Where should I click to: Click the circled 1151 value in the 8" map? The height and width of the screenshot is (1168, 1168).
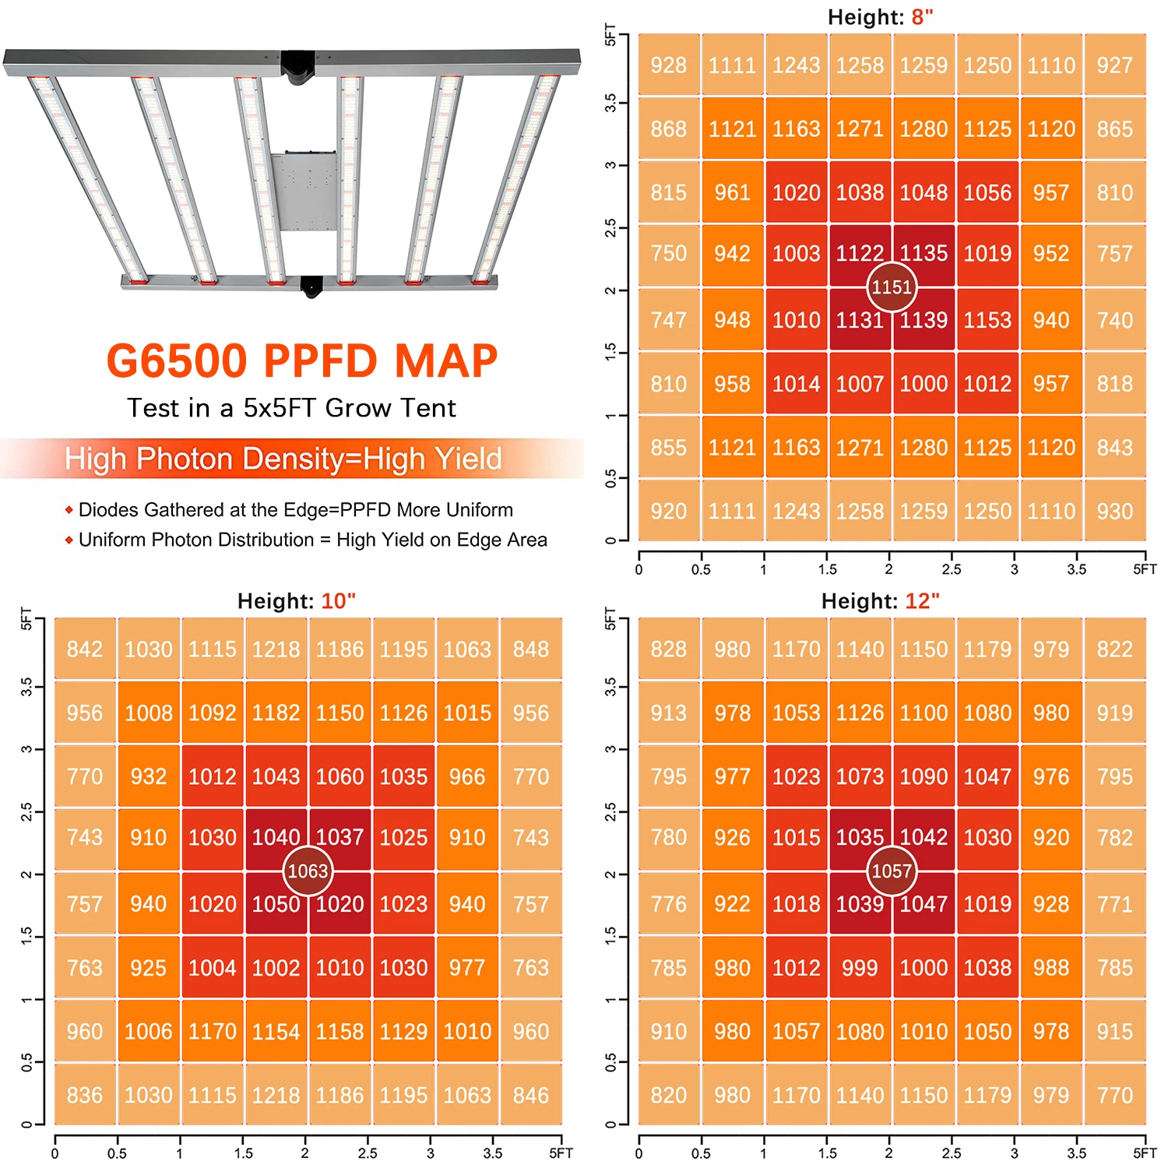(x=892, y=287)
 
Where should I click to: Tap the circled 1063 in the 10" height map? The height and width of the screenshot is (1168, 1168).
(x=308, y=871)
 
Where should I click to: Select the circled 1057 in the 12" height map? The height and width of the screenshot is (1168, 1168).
(x=892, y=871)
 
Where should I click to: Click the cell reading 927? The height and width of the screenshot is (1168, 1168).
(x=1114, y=65)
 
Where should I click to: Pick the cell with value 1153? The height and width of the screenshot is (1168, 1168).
(x=987, y=320)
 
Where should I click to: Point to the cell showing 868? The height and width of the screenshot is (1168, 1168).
(x=668, y=129)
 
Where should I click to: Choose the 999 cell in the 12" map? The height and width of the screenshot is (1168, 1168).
(x=860, y=968)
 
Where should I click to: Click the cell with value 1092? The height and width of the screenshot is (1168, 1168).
(x=213, y=713)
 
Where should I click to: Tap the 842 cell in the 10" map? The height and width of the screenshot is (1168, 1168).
(x=85, y=649)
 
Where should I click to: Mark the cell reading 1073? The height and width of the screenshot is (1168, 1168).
(x=860, y=777)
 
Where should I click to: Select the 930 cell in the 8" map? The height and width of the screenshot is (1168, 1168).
(x=1114, y=512)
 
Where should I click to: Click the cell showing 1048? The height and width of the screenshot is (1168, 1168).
(x=923, y=193)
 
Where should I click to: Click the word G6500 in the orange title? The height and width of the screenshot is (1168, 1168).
(x=177, y=361)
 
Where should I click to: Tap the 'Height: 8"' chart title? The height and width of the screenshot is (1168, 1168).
(x=880, y=17)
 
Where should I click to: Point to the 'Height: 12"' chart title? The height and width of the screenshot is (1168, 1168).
(x=880, y=601)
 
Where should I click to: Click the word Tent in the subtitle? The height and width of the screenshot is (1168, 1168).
(x=427, y=408)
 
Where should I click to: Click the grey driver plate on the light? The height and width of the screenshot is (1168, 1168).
(x=304, y=192)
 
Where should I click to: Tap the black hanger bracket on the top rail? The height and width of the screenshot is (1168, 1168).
(x=297, y=66)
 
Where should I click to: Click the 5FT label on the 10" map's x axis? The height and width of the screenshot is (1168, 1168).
(x=561, y=1153)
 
